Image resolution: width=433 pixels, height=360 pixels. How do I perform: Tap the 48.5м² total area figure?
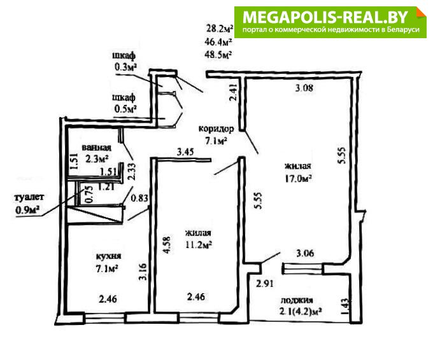pyautogui.click(x=218, y=54)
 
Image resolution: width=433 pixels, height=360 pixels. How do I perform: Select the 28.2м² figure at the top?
pyautogui.click(x=220, y=28)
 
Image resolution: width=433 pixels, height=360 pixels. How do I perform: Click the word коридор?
pyautogui.click(x=216, y=128)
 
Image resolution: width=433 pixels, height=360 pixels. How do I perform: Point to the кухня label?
pyautogui.click(x=108, y=256)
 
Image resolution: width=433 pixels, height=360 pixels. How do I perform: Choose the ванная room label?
pyautogui.click(x=96, y=148)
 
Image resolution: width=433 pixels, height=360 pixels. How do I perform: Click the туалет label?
pyautogui.click(x=29, y=197)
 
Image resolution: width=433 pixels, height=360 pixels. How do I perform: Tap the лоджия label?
pyautogui.click(x=297, y=300)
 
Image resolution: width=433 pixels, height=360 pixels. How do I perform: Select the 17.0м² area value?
pyautogui.click(x=298, y=178)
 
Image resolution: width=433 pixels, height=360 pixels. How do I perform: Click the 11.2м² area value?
pyautogui.click(x=198, y=245)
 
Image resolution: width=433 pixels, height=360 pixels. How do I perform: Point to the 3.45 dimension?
pyautogui.click(x=185, y=151)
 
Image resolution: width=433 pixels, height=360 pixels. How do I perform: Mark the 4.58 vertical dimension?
pyautogui.click(x=168, y=244)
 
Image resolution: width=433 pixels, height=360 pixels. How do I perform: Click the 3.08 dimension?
pyautogui.click(x=304, y=88)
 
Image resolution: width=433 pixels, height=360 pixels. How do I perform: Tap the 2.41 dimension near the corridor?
pyautogui.click(x=234, y=92)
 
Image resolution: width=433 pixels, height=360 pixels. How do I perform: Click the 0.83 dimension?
pyautogui.click(x=139, y=198)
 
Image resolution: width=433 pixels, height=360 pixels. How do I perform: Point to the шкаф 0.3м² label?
pyautogui.click(x=124, y=61)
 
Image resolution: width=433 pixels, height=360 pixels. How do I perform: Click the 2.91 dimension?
pyautogui.click(x=265, y=284)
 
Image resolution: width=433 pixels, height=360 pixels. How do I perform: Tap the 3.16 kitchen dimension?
pyautogui.click(x=143, y=272)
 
